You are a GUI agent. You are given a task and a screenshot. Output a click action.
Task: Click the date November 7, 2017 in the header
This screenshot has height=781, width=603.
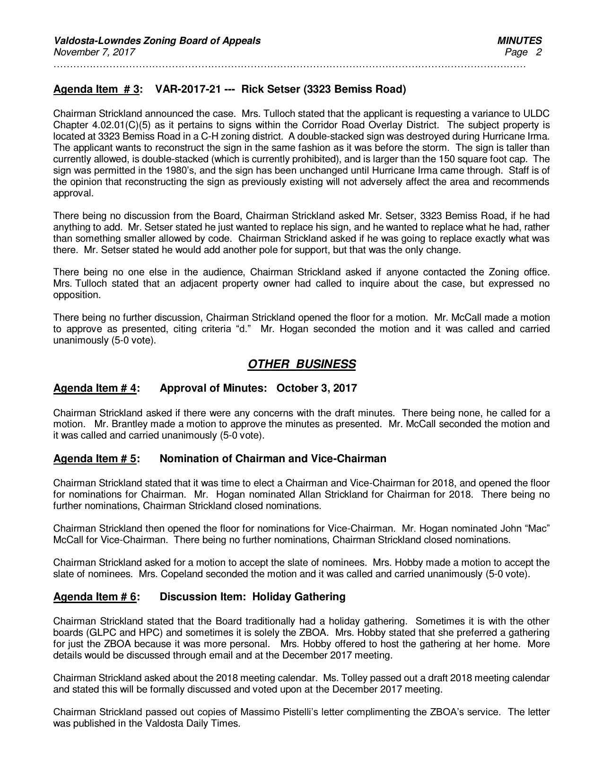pos(94,52)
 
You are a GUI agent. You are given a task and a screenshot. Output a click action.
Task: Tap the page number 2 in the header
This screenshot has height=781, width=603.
pos(539,52)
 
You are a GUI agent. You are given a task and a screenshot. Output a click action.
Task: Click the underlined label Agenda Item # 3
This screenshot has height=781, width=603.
pos(96,89)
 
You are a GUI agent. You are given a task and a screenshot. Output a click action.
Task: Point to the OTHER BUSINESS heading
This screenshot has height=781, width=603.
pos(301,364)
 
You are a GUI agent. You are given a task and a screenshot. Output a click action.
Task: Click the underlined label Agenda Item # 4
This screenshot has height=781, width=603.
pos(95,388)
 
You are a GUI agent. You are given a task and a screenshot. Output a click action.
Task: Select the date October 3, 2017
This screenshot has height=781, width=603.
pos(316,388)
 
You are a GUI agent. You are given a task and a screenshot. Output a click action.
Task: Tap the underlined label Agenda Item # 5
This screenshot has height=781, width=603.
pos(95,459)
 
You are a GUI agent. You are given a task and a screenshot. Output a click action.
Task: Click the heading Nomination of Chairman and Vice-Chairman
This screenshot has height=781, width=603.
pos(273,459)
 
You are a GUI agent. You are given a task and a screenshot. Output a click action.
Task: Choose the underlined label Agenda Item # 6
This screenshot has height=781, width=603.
pos(95,597)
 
